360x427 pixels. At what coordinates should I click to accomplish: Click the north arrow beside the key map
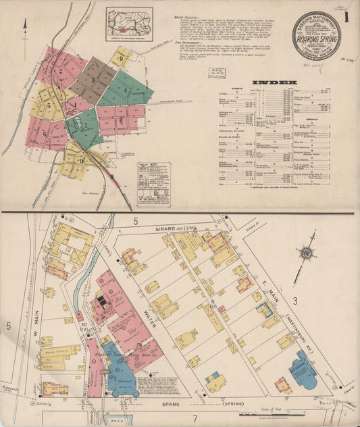pyautogui.click(x=25, y=27)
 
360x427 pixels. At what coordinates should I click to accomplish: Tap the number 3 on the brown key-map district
pyautogui.click(x=94, y=80)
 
